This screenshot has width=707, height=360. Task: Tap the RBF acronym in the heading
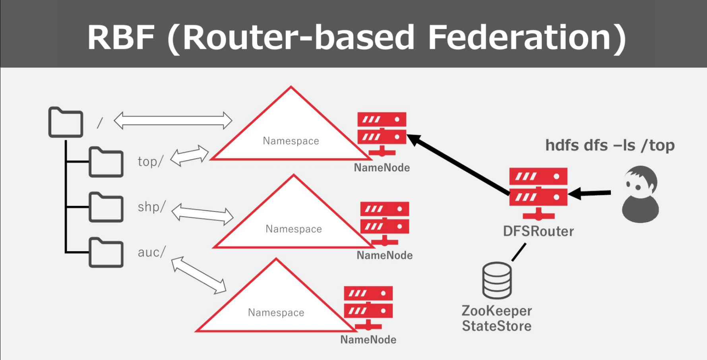click(x=121, y=37)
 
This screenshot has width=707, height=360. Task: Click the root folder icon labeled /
click(x=66, y=122)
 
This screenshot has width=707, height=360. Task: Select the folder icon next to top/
click(x=106, y=162)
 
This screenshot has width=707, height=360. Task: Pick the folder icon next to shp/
click(x=106, y=207)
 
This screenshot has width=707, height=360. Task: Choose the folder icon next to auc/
click(x=106, y=253)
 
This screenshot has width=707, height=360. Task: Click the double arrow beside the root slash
click(x=173, y=120)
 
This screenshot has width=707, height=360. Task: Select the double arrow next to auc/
click(x=199, y=275)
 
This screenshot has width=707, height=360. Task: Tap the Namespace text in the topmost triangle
click(x=291, y=141)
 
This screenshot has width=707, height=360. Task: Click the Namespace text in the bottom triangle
click(x=276, y=313)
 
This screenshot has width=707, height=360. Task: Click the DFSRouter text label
click(x=538, y=231)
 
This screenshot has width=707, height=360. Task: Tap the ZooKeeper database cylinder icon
click(x=497, y=280)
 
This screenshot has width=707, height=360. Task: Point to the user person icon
click(x=640, y=194)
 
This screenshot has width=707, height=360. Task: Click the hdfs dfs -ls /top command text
click(x=610, y=145)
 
